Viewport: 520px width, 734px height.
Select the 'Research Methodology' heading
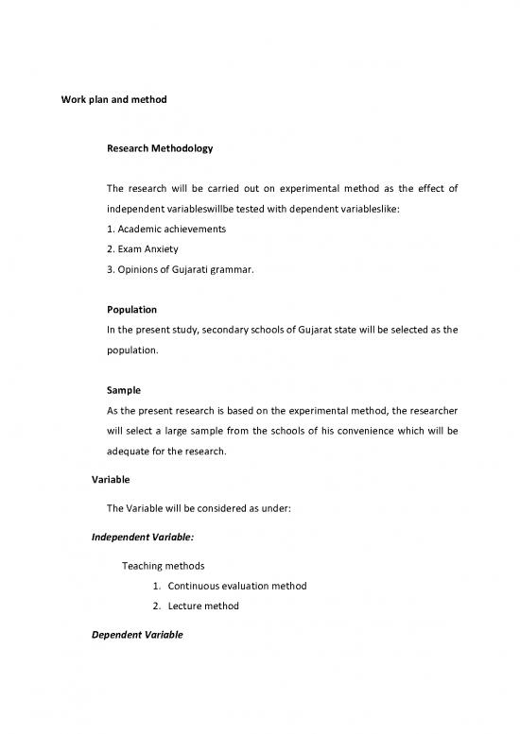pyautogui.click(x=160, y=148)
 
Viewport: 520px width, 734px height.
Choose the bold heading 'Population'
pyautogui.click(x=132, y=310)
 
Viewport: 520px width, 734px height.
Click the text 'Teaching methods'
pyautogui.click(x=164, y=566)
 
